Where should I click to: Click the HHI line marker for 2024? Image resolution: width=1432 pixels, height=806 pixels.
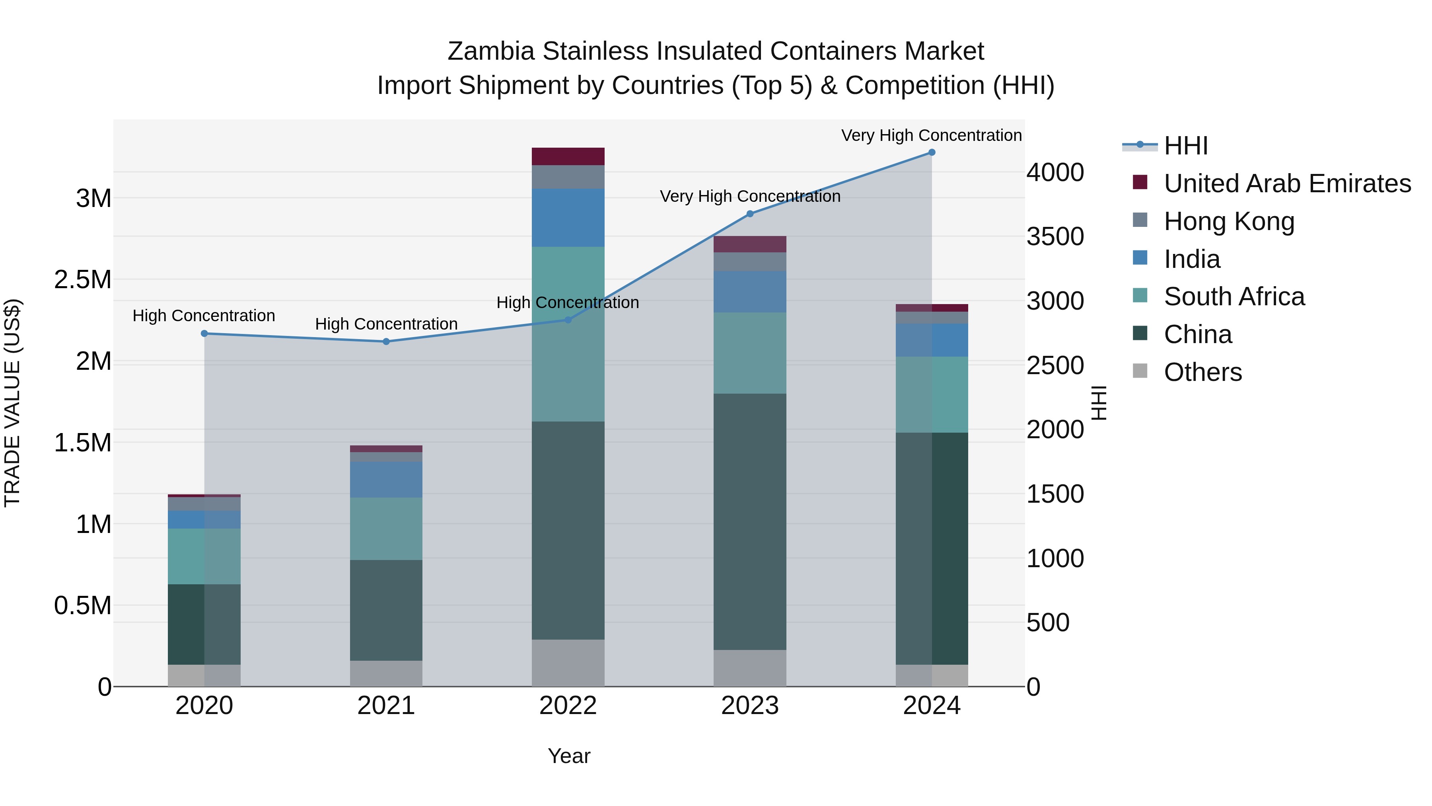point(932,152)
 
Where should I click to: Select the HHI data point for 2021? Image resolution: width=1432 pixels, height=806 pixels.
point(386,342)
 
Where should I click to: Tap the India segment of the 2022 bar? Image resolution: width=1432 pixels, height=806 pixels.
point(568,217)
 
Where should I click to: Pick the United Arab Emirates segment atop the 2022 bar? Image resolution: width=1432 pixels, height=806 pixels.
point(568,156)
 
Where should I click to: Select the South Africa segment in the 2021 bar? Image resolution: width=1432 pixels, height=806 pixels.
point(386,529)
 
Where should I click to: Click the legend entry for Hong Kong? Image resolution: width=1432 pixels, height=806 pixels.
point(1229,221)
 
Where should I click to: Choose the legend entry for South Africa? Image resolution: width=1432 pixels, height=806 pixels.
point(1234,297)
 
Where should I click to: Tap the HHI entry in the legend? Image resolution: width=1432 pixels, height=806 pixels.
point(1185,146)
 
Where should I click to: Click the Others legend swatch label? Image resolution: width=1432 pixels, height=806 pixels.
point(1202,372)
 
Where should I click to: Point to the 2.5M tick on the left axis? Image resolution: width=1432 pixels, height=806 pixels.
point(83,280)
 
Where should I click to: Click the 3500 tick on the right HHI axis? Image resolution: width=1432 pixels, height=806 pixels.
point(1055,237)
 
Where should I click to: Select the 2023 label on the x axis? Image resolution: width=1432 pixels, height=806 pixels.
point(749,706)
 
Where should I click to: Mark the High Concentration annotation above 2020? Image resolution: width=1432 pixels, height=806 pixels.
point(203,316)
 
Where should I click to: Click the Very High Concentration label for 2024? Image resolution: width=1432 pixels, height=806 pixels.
point(931,136)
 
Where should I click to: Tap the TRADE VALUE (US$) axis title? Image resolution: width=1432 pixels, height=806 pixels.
point(12,403)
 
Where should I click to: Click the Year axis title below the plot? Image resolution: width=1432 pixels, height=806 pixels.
point(569,756)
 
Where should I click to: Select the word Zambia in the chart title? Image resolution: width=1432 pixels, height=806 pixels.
point(490,52)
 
